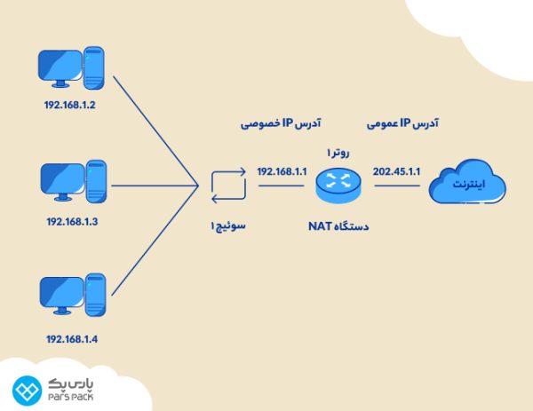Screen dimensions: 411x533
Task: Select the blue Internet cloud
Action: [467, 186]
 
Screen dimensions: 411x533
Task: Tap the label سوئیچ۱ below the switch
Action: [227, 226]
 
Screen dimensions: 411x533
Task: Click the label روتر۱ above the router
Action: [338, 152]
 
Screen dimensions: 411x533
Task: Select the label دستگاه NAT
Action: [338, 226]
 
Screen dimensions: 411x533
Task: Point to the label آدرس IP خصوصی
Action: [282, 124]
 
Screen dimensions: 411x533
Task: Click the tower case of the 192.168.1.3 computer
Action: [97, 180]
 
